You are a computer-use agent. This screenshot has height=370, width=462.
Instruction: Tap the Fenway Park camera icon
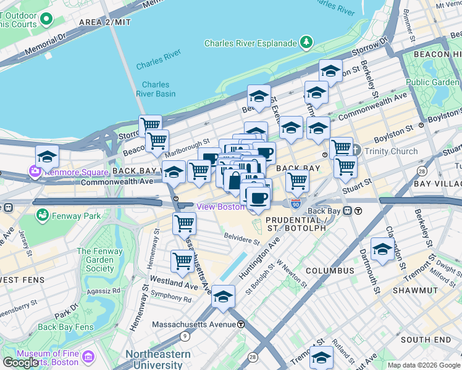[43, 216]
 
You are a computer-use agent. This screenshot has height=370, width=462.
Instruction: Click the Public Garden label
[432, 82]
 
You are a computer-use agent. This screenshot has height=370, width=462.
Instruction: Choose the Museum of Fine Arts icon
[88, 356]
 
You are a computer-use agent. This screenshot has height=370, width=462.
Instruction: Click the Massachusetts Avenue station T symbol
[241, 324]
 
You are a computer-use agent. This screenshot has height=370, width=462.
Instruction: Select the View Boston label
[220, 207]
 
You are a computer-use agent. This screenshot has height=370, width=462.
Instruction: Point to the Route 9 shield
[185, 336]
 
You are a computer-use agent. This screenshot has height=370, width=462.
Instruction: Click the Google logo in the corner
[20, 363]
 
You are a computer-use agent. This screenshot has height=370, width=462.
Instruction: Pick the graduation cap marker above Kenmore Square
[47, 156]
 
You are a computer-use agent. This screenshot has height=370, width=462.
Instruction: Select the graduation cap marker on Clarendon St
[383, 249]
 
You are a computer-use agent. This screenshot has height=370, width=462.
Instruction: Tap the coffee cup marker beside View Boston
[258, 198]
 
